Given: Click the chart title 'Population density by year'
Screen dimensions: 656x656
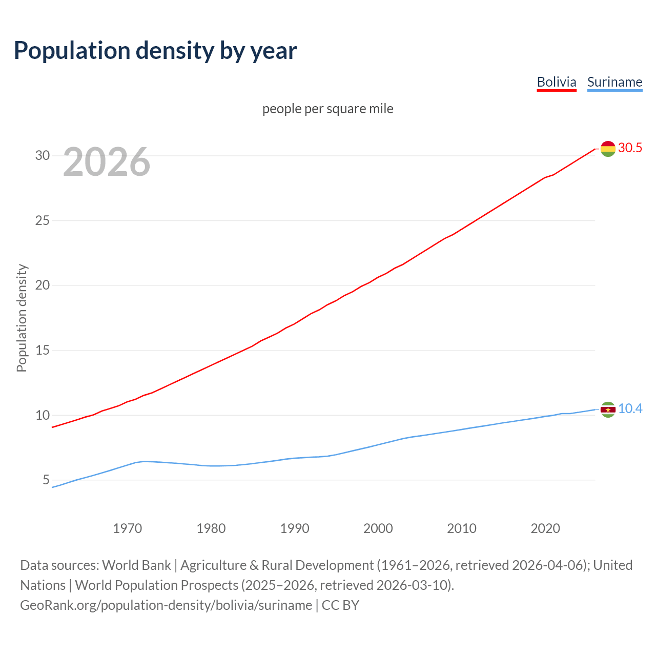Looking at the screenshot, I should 155,51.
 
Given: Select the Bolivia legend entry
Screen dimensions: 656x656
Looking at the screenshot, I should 557,82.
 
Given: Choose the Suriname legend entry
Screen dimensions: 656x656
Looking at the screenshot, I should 614,82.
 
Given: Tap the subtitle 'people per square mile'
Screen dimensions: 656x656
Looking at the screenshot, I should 328,109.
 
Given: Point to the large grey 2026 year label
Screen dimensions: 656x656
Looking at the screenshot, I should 107,162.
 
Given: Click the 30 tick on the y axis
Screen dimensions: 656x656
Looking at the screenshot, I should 43,155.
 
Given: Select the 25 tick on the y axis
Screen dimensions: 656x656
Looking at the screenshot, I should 43,220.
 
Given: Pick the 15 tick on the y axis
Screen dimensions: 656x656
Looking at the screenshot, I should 43,350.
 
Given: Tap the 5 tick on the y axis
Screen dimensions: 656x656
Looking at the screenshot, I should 46,480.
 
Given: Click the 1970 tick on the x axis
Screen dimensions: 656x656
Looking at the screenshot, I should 127,528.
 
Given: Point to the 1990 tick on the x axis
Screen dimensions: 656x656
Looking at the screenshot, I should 295,528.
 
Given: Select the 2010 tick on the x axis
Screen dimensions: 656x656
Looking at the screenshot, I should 462,528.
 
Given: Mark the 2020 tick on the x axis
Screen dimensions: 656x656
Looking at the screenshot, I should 545,528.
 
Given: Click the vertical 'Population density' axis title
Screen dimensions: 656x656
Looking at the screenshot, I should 22,318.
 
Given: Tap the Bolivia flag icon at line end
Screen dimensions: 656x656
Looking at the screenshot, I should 608,149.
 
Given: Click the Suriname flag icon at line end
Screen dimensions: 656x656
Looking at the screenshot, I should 608,409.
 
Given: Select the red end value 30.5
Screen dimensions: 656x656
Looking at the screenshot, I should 630,148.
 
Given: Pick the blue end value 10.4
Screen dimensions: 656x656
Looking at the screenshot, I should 630,409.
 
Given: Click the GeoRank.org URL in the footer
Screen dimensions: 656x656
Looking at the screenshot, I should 166,605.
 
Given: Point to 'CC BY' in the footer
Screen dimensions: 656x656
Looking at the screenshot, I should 340,605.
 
